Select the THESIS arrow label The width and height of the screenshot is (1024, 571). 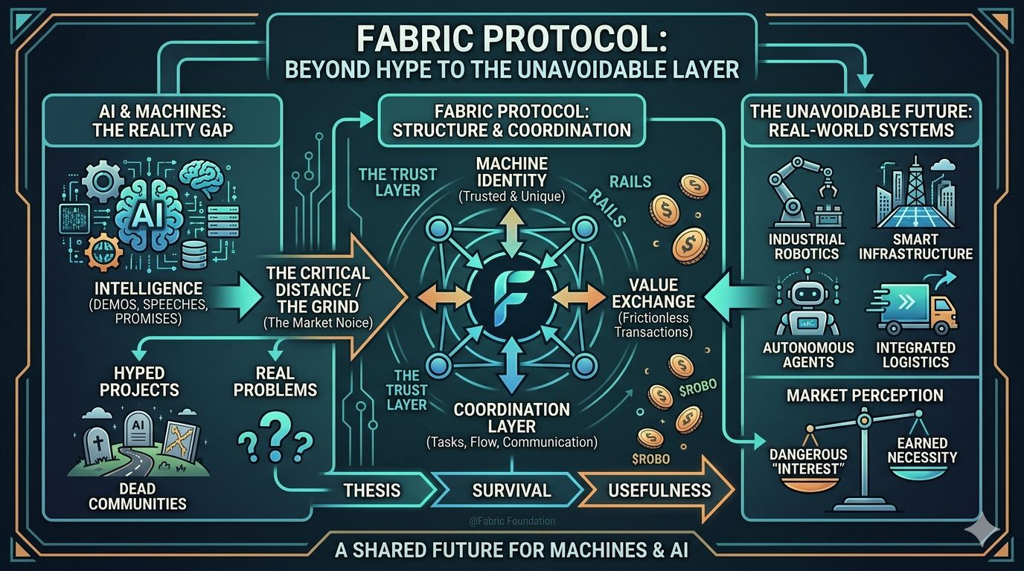[371, 490]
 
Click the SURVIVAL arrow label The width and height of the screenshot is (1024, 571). [511, 490]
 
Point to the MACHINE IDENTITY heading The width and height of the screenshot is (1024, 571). [511, 172]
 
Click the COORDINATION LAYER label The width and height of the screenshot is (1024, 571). [511, 418]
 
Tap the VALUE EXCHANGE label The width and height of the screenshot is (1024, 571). [652, 292]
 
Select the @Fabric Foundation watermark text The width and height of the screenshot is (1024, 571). [512, 521]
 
